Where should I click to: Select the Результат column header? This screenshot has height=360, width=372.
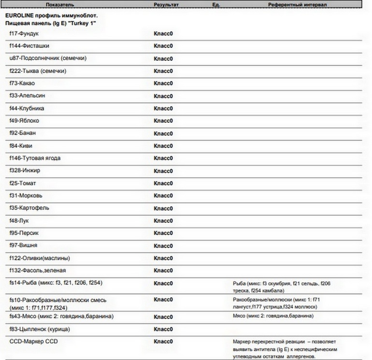point(166,4)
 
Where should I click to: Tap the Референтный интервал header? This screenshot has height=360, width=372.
point(297,4)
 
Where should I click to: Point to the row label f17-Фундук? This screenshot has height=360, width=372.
point(24,33)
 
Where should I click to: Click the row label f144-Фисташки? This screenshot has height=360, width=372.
point(29,46)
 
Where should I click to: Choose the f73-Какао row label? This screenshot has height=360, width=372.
point(22,83)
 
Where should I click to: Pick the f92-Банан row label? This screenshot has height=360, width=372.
point(23,133)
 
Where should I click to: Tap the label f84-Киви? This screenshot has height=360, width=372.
point(21,145)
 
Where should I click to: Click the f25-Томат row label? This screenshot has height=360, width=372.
point(23,183)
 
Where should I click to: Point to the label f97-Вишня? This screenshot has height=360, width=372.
point(23,245)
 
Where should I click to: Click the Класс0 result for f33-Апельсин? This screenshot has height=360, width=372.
point(163,96)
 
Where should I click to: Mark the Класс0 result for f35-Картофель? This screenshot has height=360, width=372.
point(163,208)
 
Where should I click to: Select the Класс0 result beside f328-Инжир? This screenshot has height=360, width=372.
point(163,171)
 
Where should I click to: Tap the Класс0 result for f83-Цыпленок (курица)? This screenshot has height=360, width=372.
point(163,330)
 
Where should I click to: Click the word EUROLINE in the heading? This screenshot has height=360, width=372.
point(20,16)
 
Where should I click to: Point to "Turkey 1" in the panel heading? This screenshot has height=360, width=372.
point(83,23)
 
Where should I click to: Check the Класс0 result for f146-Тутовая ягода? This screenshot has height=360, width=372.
point(163,158)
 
